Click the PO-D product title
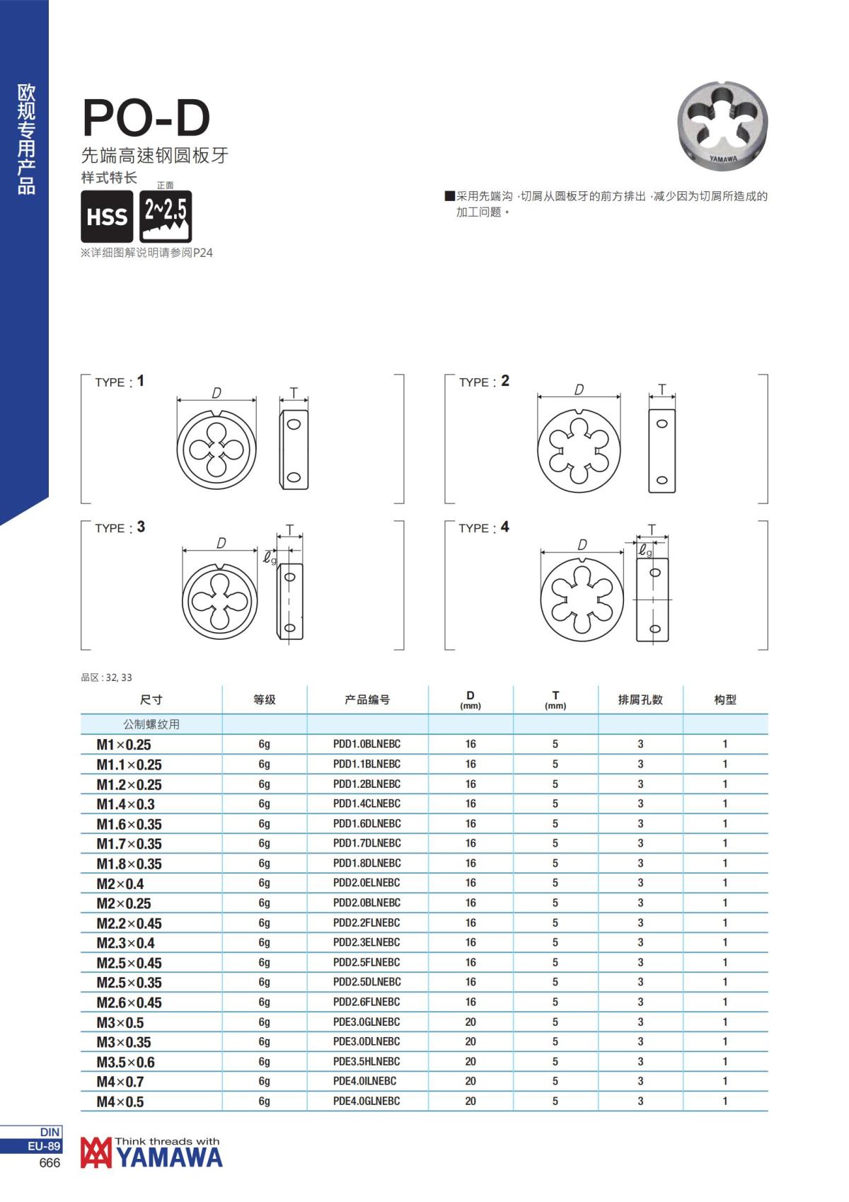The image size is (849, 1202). point(146,118)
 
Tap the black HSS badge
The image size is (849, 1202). point(107,217)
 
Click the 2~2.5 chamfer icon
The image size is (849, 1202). point(166,217)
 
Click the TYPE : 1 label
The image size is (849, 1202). point(120,382)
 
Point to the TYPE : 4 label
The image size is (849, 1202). point(483,527)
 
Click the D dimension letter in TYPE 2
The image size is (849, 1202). point(579,389)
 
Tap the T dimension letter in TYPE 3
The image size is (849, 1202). point(289,530)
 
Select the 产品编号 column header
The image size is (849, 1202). point(367,699)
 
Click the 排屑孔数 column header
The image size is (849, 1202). point(640,699)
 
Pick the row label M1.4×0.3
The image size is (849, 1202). point(125,804)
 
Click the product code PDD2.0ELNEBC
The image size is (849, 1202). point(366,883)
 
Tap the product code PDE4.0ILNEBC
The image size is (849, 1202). point(364,1081)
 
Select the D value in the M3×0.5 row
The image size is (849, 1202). point(470,1021)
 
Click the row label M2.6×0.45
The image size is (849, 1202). point(129,1002)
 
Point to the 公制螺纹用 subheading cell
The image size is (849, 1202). point(151,724)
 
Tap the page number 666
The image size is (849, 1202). point(50,1163)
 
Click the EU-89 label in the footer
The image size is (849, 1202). point(45,1146)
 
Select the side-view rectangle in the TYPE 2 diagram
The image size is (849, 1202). point(662,451)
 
